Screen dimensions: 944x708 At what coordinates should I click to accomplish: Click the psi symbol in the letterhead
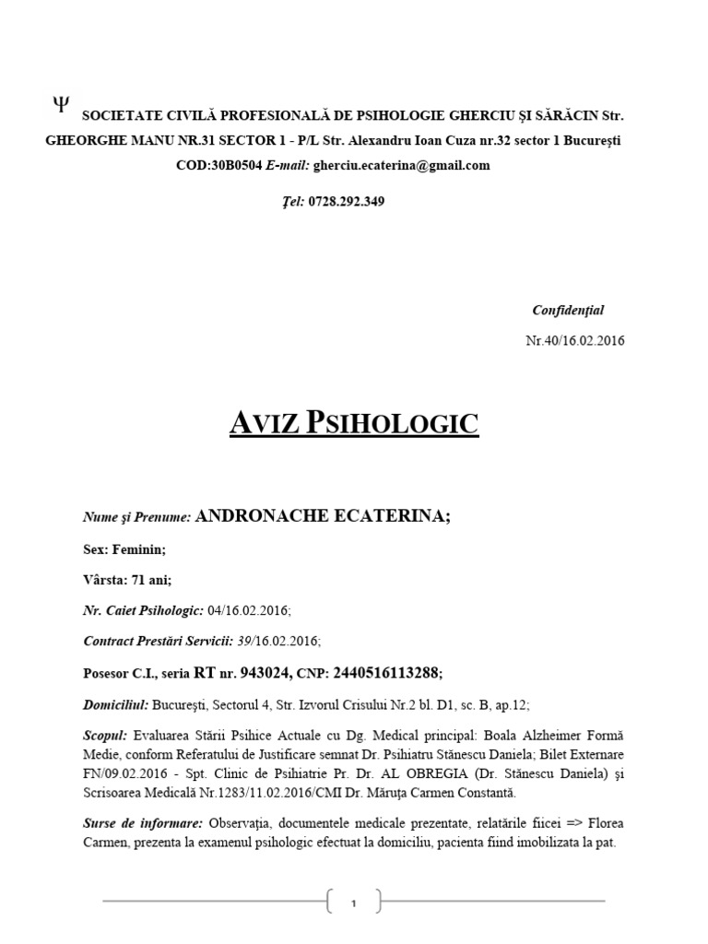[60, 104]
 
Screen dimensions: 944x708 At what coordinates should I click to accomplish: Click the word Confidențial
[568, 311]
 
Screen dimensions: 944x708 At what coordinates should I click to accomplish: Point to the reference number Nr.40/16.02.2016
[574, 340]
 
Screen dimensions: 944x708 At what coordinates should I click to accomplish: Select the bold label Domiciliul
[115, 704]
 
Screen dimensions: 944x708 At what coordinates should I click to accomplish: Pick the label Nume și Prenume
[136, 518]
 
